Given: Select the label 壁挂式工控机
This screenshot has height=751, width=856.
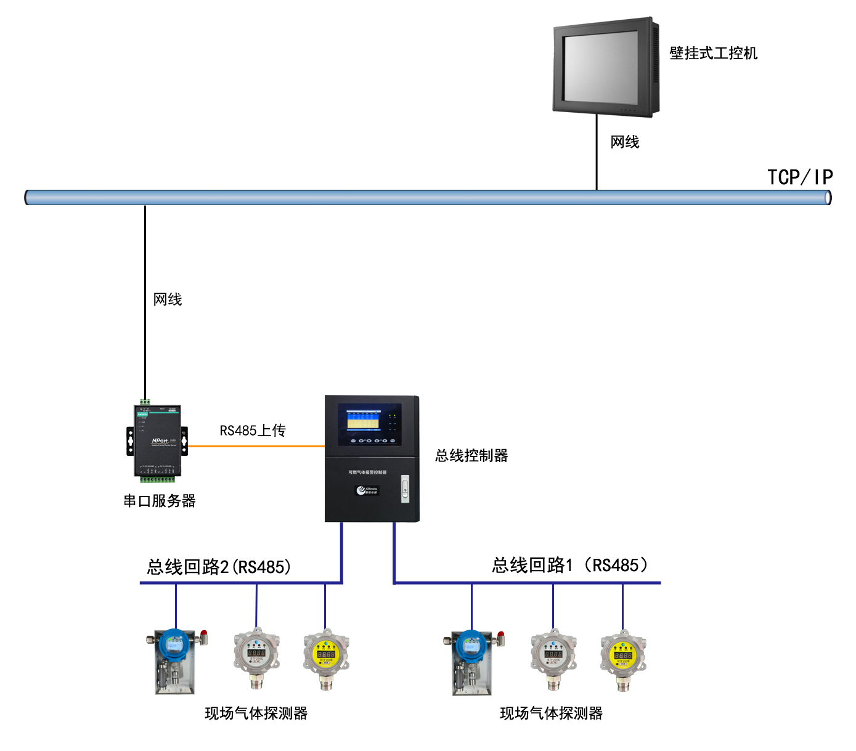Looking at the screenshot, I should pos(713,54).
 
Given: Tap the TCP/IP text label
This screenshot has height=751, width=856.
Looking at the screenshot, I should pos(799,177).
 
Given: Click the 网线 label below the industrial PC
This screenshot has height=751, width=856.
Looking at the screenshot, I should pos(624,142).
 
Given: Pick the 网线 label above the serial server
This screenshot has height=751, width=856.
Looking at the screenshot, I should pos(167,299).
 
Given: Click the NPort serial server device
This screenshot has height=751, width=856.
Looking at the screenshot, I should pos(157,440).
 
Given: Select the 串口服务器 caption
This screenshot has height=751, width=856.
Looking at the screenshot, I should pos(159,501).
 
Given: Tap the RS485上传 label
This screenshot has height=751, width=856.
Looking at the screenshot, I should pos(252,431).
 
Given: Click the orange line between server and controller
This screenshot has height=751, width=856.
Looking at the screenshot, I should pos(256,446).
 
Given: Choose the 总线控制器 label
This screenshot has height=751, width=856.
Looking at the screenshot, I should pos(471,456).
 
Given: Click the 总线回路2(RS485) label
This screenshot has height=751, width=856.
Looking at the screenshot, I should pos(219,567).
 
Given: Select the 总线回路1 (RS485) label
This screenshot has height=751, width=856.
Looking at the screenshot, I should pos(570,565).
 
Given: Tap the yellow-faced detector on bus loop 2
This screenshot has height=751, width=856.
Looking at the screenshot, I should pos(326,656).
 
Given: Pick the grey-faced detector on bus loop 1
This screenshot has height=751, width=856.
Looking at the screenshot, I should pos(553,657).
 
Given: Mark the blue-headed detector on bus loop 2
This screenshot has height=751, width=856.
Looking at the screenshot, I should pos(175,659).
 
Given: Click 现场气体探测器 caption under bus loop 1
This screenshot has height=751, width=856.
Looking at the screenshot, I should pos(551,713).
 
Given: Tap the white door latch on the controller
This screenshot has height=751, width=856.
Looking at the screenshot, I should pos(405,489).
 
